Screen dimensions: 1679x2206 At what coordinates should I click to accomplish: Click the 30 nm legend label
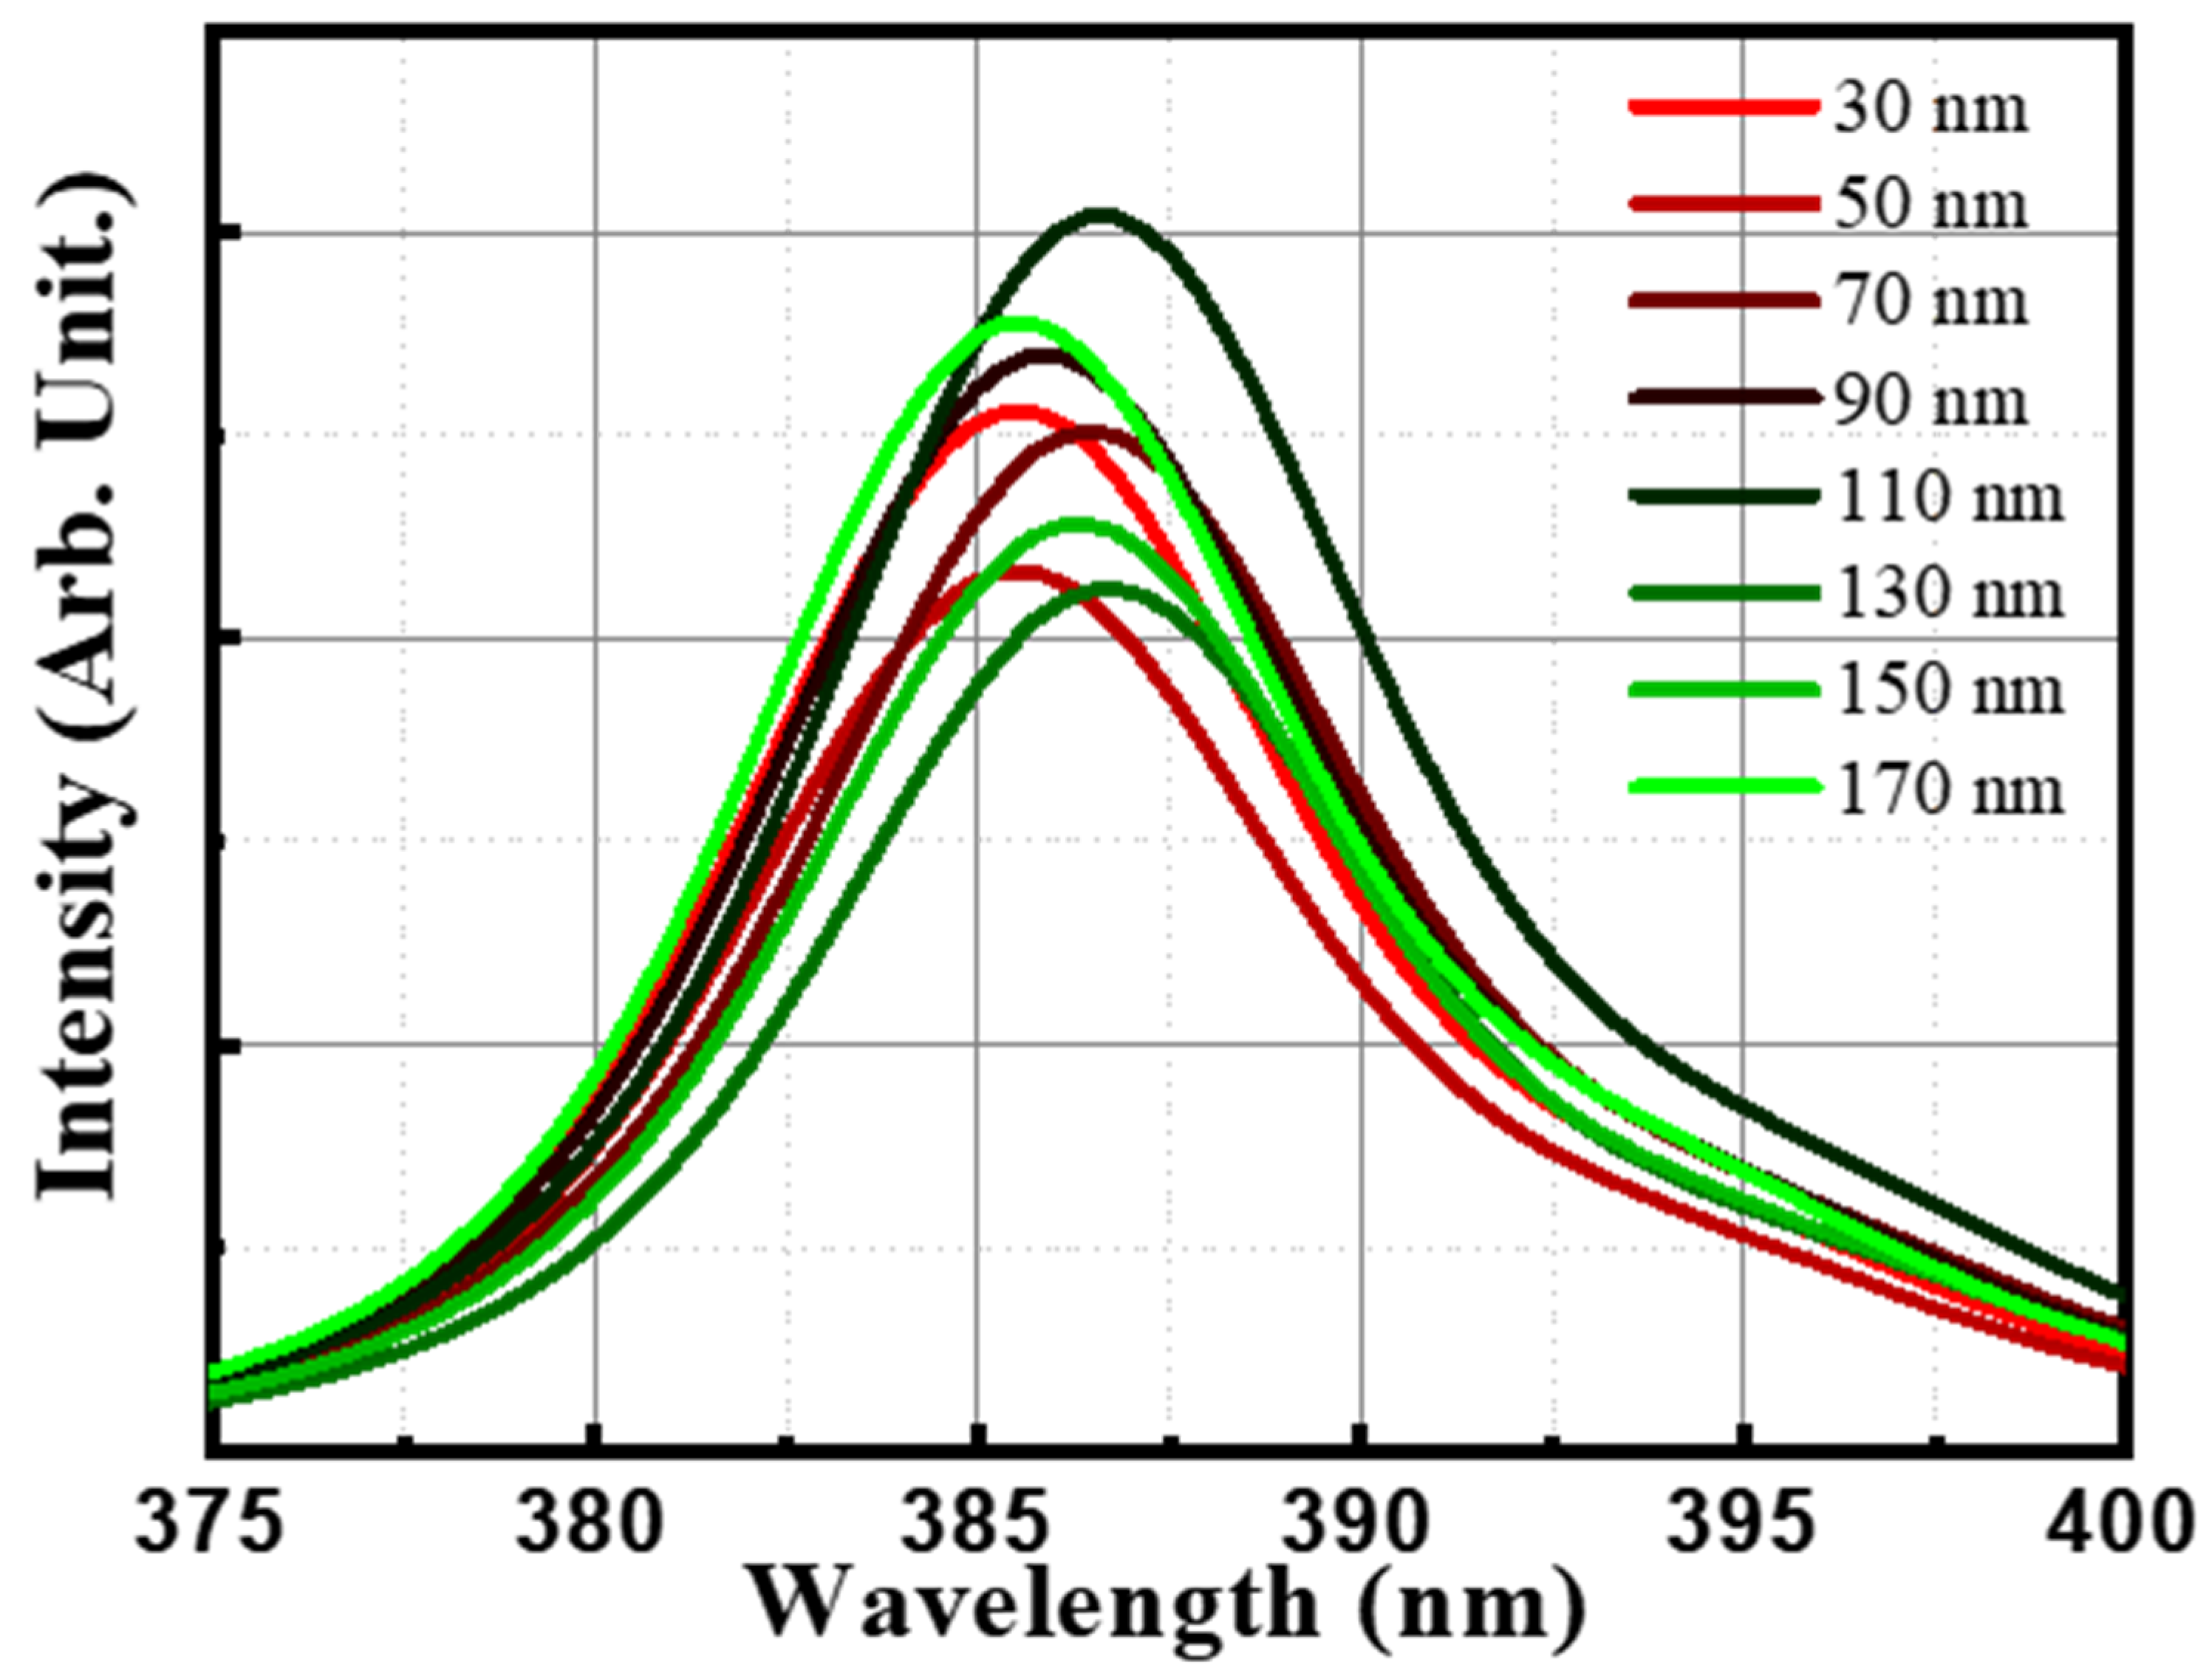click(x=1929, y=108)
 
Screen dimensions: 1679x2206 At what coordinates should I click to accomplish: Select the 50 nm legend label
click(x=1929, y=205)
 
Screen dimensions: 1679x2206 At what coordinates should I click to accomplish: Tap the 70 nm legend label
click(x=1929, y=301)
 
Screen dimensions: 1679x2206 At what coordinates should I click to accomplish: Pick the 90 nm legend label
click(x=1929, y=400)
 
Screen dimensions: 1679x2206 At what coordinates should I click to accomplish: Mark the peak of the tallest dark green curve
click(x=1101, y=213)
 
